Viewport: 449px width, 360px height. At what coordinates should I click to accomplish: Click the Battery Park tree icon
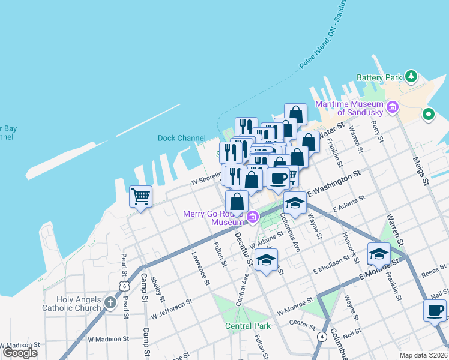click(x=411, y=76)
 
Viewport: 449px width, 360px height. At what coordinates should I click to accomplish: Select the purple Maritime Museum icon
click(x=393, y=108)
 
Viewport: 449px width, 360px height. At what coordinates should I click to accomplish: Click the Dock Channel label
click(x=181, y=138)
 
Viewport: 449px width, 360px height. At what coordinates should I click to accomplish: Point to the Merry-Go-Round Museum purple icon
click(x=253, y=217)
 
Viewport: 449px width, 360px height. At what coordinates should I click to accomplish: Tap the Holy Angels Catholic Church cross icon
click(x=110, y=302)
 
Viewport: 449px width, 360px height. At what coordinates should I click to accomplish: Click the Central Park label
click(x=248, y=326)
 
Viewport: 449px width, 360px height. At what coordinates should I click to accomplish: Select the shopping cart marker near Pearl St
click(x=140, y=196)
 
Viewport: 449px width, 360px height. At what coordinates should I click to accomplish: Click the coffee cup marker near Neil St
click(x=435, y=310)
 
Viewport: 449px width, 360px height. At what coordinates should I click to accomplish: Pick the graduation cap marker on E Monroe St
click(x=379, y=253)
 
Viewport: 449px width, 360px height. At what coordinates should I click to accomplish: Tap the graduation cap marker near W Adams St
click(x=266, y=259)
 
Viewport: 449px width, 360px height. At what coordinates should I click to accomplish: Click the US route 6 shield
click(x=123, y=287)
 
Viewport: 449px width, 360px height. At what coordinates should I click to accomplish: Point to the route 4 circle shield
click(x=322, y=337)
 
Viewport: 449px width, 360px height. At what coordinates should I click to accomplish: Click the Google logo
click(x=20, y=353)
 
